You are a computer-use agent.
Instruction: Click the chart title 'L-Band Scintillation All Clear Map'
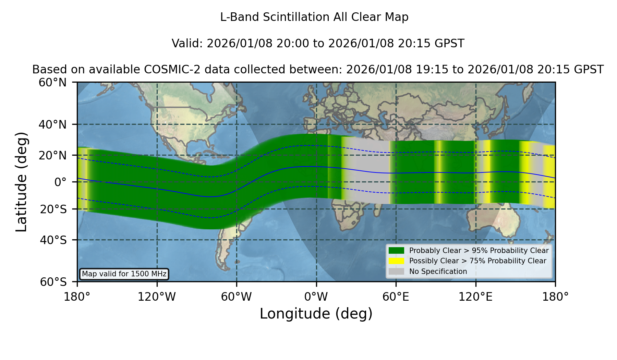[314, 17]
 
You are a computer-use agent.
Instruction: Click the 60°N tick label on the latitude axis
[53, 83]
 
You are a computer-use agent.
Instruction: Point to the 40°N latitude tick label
[53, 124]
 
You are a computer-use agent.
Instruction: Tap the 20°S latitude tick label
[53, 209]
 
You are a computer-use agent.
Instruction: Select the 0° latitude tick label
[61, 182]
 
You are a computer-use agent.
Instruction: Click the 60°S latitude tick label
[53, 282]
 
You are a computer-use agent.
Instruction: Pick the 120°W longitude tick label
[157, 297]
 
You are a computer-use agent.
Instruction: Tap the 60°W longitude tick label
[237, 297]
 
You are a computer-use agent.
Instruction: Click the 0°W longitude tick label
[316, 297]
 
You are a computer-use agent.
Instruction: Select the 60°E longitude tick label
[396, 297]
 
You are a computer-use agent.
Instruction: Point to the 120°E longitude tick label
[475, 297]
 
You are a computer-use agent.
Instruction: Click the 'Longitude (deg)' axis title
[316, 314]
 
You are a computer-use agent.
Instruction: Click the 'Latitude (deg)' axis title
[22, 182]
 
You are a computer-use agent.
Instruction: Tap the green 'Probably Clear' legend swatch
[397, 251]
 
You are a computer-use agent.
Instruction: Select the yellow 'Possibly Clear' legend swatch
[397, 261]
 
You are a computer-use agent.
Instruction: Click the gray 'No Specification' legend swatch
[397, 272]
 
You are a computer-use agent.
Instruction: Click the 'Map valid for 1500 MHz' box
[124, 274]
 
